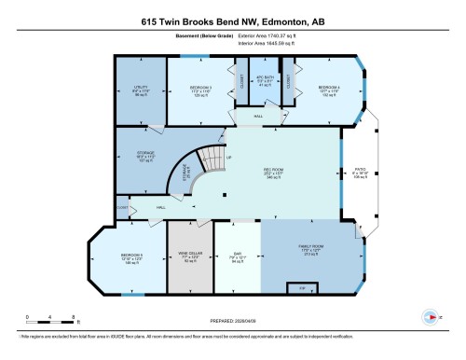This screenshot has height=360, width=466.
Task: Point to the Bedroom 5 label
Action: click(x=131, y=256)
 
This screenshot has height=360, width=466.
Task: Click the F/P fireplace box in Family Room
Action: click(x=301, y=289)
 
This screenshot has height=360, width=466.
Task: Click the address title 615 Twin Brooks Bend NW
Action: click(x=232, y=21)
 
